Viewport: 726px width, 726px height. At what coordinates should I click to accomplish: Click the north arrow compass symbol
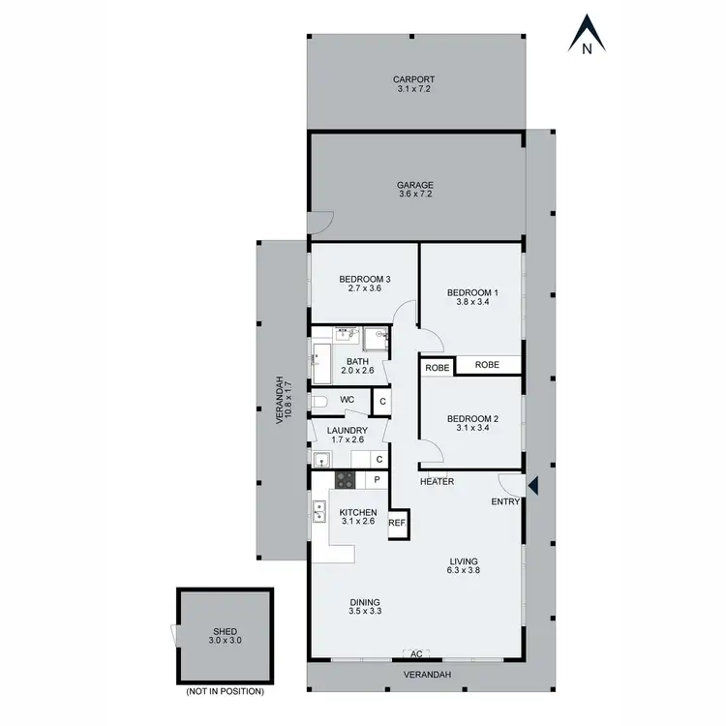click(x=587, y=34)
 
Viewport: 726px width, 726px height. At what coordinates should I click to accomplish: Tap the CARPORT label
click(x=414, y=79)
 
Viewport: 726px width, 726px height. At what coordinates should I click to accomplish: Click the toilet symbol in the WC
click(x=320, y=401)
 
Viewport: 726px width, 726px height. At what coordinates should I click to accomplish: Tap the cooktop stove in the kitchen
click(x=346, y=479)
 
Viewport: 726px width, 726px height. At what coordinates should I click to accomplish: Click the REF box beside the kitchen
click(x=397, y=523)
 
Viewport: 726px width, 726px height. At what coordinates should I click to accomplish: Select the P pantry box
click(x=377, y=479)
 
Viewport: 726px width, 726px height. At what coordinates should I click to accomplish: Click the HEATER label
click(x=437, y=481)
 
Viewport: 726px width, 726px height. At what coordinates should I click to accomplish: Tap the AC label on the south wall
click(x=416, y=654)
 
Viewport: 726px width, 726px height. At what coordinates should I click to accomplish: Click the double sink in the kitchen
click(x=318, y=510)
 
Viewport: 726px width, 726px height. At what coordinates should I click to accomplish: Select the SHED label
click(x=224, y=631)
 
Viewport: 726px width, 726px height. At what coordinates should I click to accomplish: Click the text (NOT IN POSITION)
click(x=224, y=691)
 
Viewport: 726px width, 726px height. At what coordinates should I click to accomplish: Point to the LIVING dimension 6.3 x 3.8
click(x=464, y=571)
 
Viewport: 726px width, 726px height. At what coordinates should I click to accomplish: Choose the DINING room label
click(x=365, y=601)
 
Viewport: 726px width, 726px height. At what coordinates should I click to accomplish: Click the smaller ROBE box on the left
click(x=436, y=366)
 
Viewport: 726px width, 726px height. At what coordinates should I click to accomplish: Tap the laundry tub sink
click(x=320, y=458)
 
